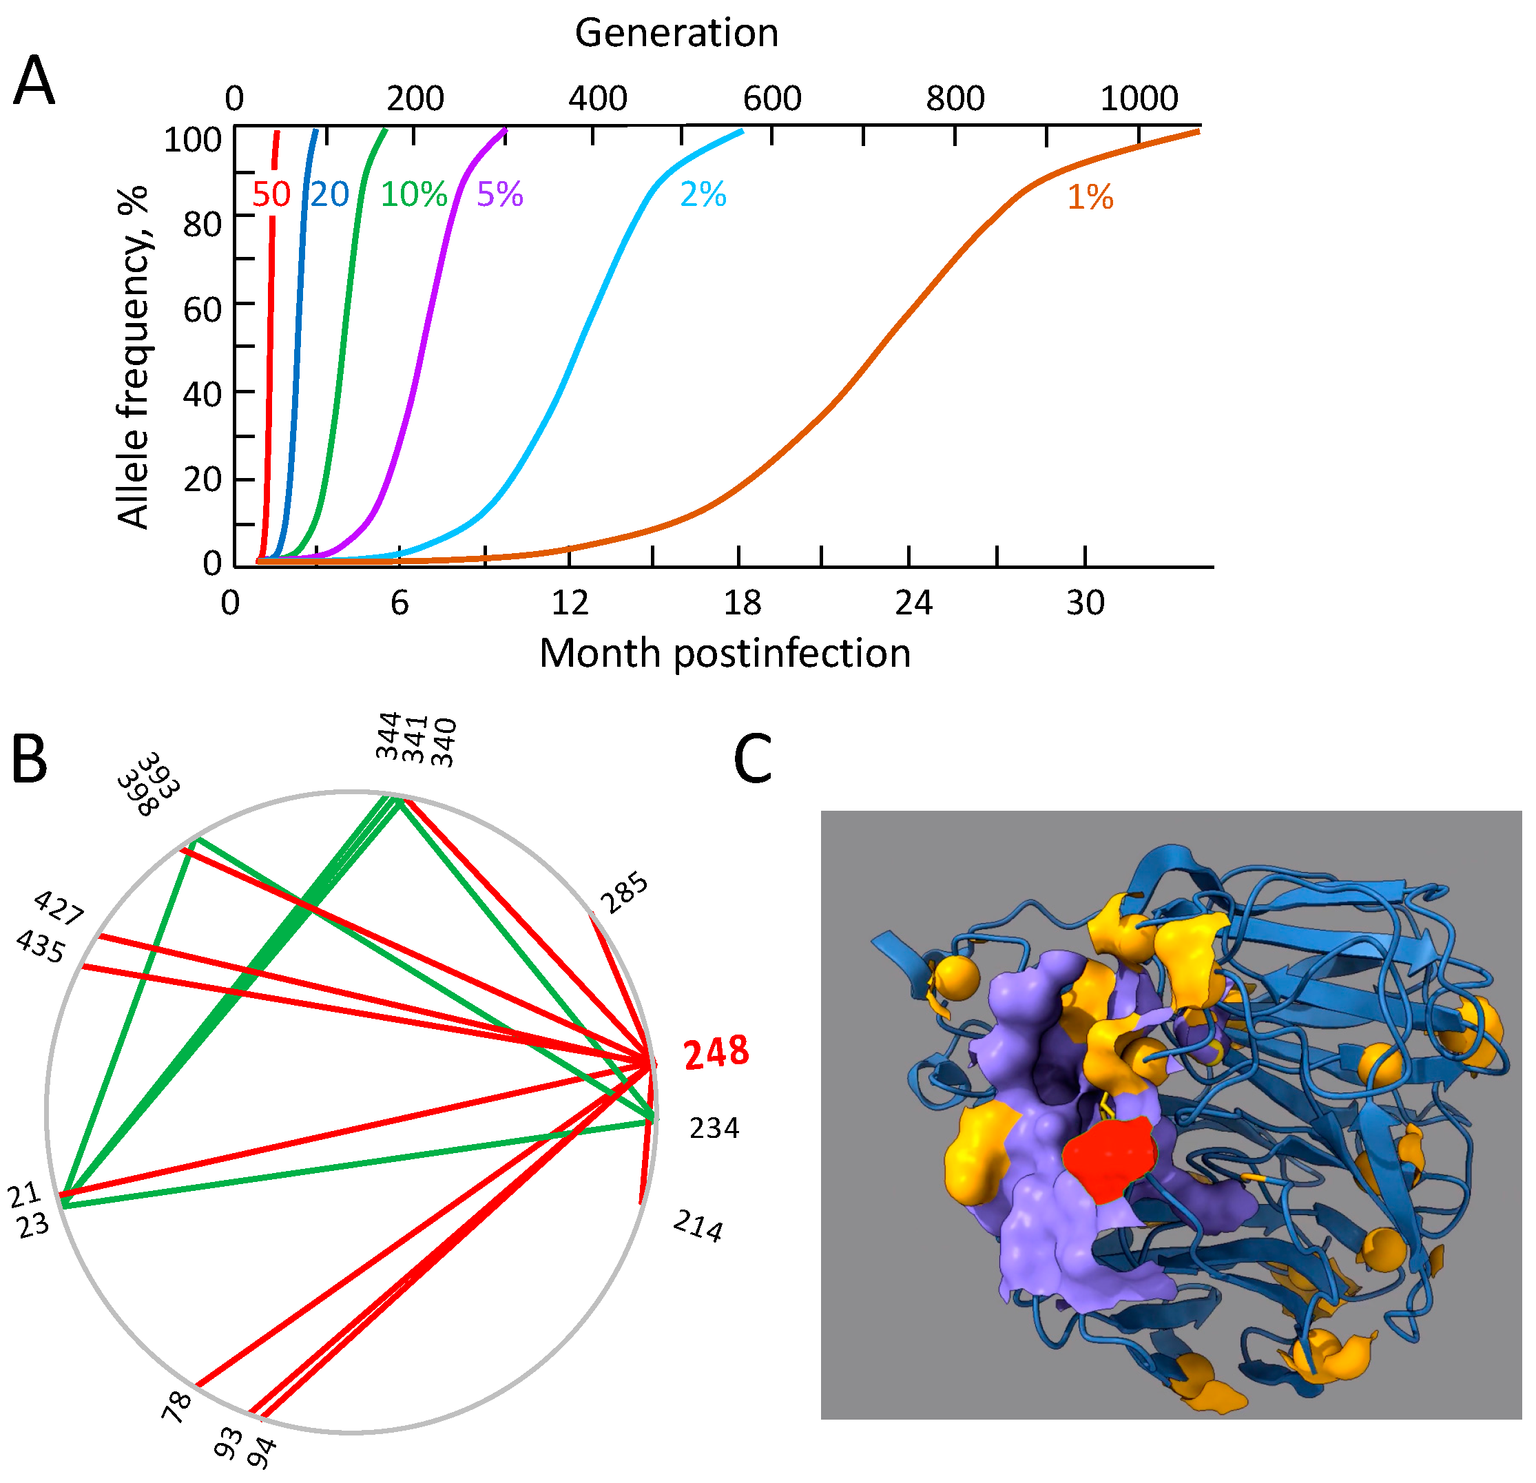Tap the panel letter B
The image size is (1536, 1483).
pyautogui.click(x=30, y=760)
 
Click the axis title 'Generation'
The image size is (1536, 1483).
pyautogui.click(x=676, y=33)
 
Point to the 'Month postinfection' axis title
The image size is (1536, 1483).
pyautogui.click(x=725, y=653)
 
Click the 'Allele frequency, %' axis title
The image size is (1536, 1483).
pyautogui.click(x=132, y=357)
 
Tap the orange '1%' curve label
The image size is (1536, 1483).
pyautogui.click(x=1090, y=197)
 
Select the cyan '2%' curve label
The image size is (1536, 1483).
pyautogui.click(x=703, y=194)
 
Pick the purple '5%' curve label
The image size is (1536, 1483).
pyautogui.click(x=500, y=194)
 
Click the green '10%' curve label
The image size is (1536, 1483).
pyautogui.click(x=414, y=194)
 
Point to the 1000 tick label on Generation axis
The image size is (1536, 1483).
pyautogui.click(x=1139, y=98)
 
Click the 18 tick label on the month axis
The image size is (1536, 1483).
pyautogui.click(x=741, y=603)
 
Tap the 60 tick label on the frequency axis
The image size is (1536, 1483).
pyautogui.click(x=203, y=309)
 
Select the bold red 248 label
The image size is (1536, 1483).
pyautogui.click(x=716, y=1052)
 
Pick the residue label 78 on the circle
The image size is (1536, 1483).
pyautogui.click(x=177, y=1406)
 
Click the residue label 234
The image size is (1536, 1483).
pyautogui.click(x=714, y=1128)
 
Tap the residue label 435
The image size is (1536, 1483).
pyautogui.click(x=41, y=947)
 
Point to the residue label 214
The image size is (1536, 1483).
pyautogui.click(x=698, y=1226)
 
